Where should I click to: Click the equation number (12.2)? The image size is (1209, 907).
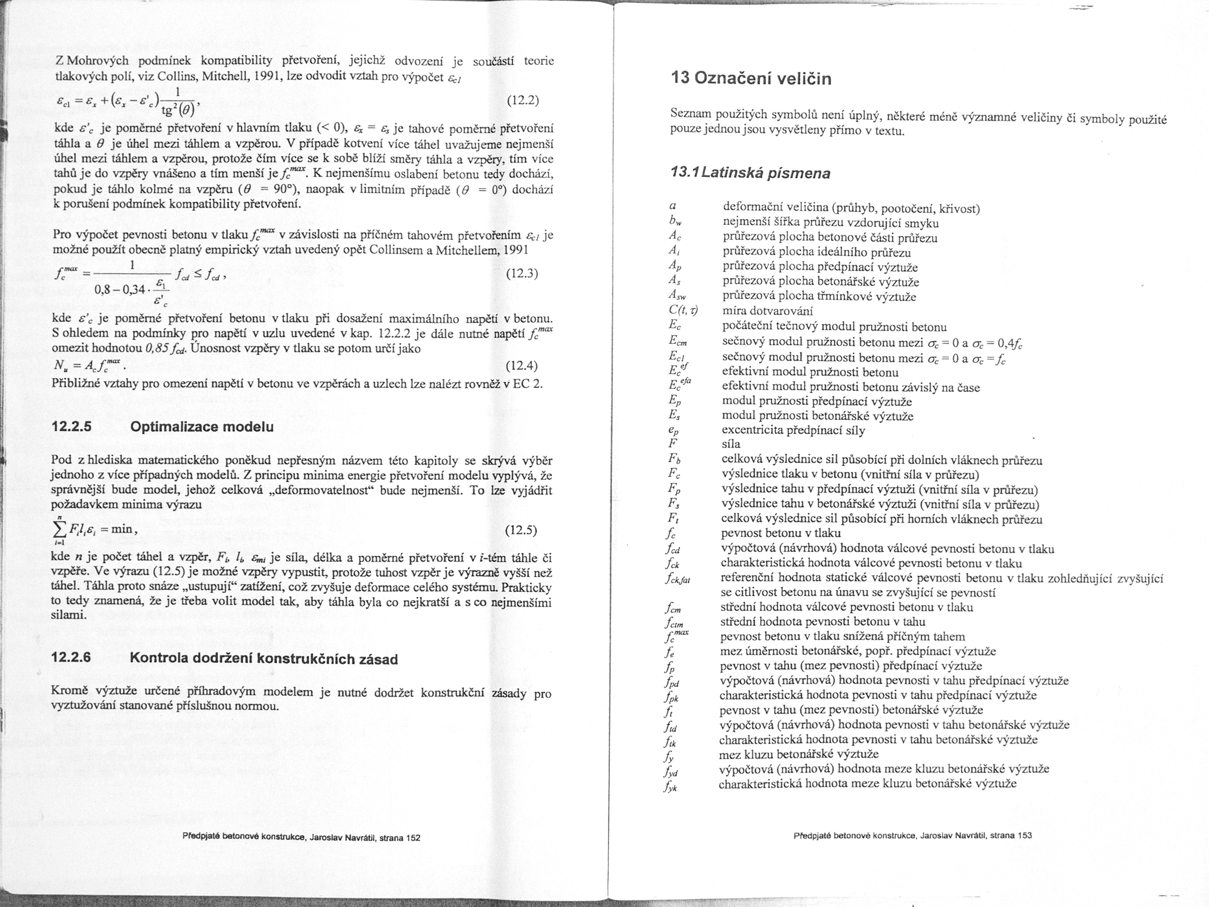tap(523, 101)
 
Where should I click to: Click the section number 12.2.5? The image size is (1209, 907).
tap(71, 427)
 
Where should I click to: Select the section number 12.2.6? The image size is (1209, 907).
tap(71, 658)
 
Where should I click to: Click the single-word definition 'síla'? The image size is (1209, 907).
tap(731, 444)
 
